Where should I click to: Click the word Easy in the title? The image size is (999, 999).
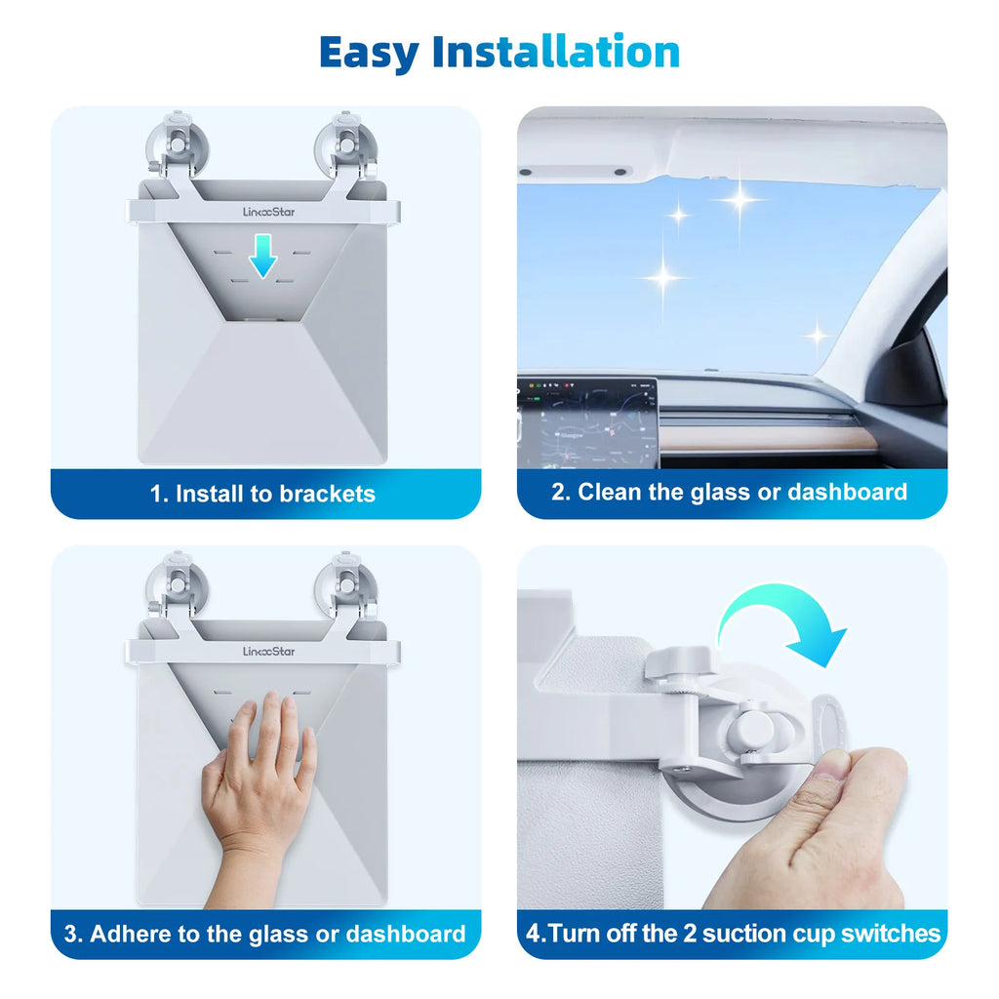click(370, 53)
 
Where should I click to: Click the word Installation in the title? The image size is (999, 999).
click(556, 53)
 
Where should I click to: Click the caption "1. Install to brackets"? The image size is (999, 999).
click(262, 494)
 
